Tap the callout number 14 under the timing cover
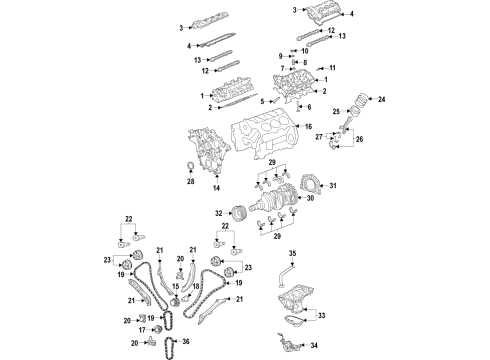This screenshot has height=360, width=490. [x=216, y=187]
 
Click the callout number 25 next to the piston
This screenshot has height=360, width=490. [x=337, y=111]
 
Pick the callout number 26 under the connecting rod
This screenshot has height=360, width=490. [x=359, y=142]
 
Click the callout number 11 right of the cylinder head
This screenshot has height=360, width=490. [x=334, y=67]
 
